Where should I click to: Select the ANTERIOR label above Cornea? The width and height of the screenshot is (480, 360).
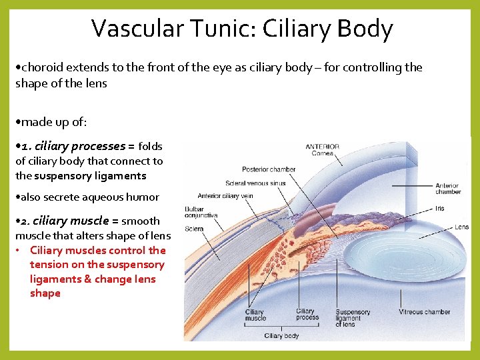[322, 147]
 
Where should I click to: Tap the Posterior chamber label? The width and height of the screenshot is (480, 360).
[269, 169]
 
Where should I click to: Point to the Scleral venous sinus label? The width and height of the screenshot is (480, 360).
[255, 183]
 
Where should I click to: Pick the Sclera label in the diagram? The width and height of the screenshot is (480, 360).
[195, 228]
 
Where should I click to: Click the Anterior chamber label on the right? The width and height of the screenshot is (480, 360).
[447, 189]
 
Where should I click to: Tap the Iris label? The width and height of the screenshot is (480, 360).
[439, 209]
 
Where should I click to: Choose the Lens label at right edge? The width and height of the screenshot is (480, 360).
[462, 227]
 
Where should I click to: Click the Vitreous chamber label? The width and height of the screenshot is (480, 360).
[424, 312]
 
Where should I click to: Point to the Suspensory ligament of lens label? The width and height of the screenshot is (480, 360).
[353, 318]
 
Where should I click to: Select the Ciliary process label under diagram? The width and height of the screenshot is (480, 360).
[307, 314]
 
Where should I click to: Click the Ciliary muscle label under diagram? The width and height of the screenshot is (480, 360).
[255, 315]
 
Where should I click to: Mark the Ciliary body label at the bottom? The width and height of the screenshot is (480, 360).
[281, 335]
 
